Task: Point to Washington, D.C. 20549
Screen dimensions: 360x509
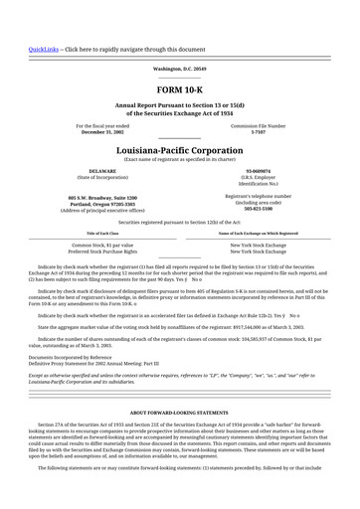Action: pos(180,69)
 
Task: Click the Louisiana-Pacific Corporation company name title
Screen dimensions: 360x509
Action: pos(180,150)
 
